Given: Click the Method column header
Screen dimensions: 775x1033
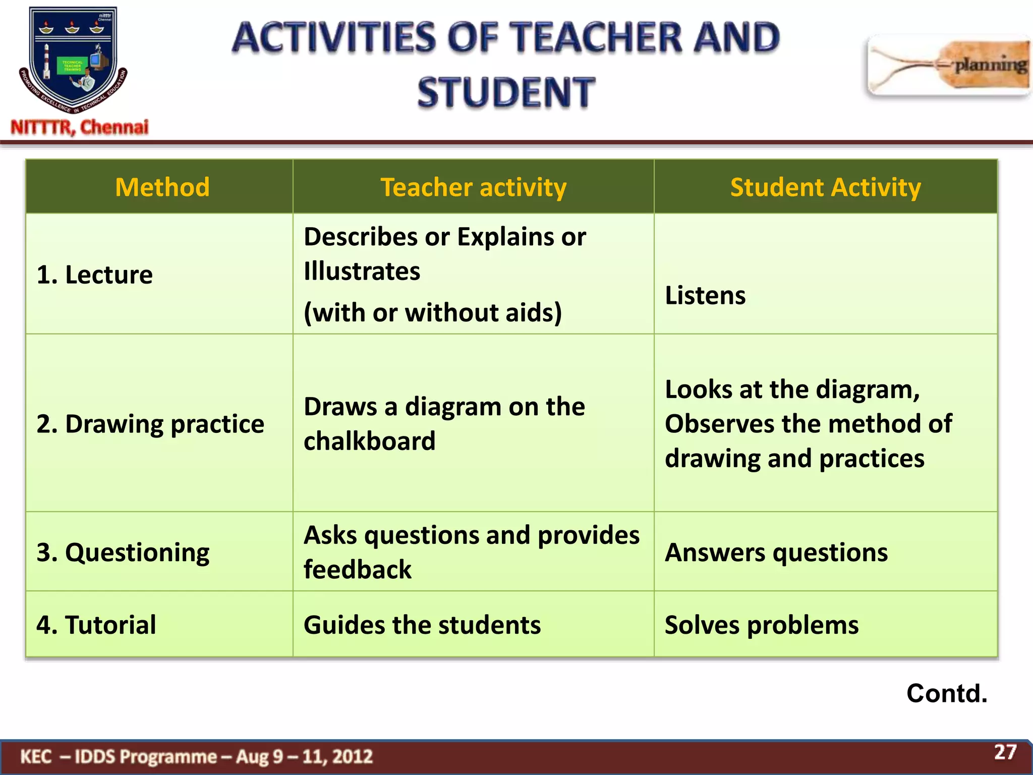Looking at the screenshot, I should (162, 187).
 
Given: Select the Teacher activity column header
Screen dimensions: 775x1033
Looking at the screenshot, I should (473, 187).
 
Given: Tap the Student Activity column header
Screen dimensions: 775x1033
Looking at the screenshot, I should (825, 187).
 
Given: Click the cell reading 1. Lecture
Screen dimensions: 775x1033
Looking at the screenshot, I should (95, 275).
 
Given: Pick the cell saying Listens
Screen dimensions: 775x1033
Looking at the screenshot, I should (705, 296).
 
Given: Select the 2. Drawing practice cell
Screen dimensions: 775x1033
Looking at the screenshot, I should (150, 424).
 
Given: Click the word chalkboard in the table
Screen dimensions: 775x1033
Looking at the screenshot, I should (369, 441).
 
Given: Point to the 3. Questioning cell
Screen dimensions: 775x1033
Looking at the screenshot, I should (123, 552).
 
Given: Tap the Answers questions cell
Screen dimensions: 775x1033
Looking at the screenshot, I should (776, 552).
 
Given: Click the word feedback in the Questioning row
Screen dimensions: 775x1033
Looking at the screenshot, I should (357, 570).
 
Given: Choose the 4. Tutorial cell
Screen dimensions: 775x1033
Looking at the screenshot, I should (96, 625).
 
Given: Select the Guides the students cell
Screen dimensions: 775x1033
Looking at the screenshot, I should (422, 625).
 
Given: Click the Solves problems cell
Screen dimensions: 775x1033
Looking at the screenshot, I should (761, 625).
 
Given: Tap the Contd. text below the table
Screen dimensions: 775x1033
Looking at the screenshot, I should (946, 693).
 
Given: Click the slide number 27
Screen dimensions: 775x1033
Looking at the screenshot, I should (1005, 752).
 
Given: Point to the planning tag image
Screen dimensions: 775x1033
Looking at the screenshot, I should (948, 66).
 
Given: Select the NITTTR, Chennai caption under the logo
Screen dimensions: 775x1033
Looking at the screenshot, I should (80, 127).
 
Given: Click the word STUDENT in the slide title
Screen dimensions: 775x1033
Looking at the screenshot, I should (506, 92).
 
